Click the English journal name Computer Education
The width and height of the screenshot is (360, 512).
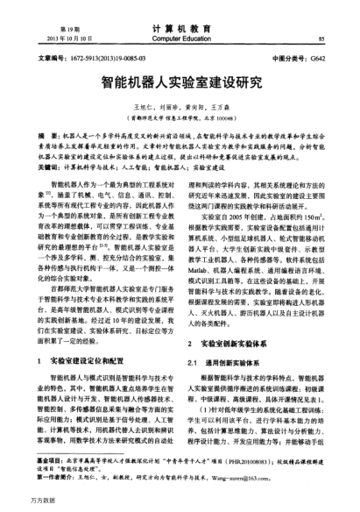pyautogui.click(x=180, y=39)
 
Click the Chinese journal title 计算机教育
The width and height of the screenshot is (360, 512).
pyautogui.click(x=180, y=28)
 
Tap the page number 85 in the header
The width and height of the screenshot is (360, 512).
pyautogui.click(x=321, y=39)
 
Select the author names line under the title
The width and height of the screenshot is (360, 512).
pyautogui.click(x=180, y=104)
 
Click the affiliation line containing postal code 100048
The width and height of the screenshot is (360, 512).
pyautogui.click(x=180, y=115)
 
